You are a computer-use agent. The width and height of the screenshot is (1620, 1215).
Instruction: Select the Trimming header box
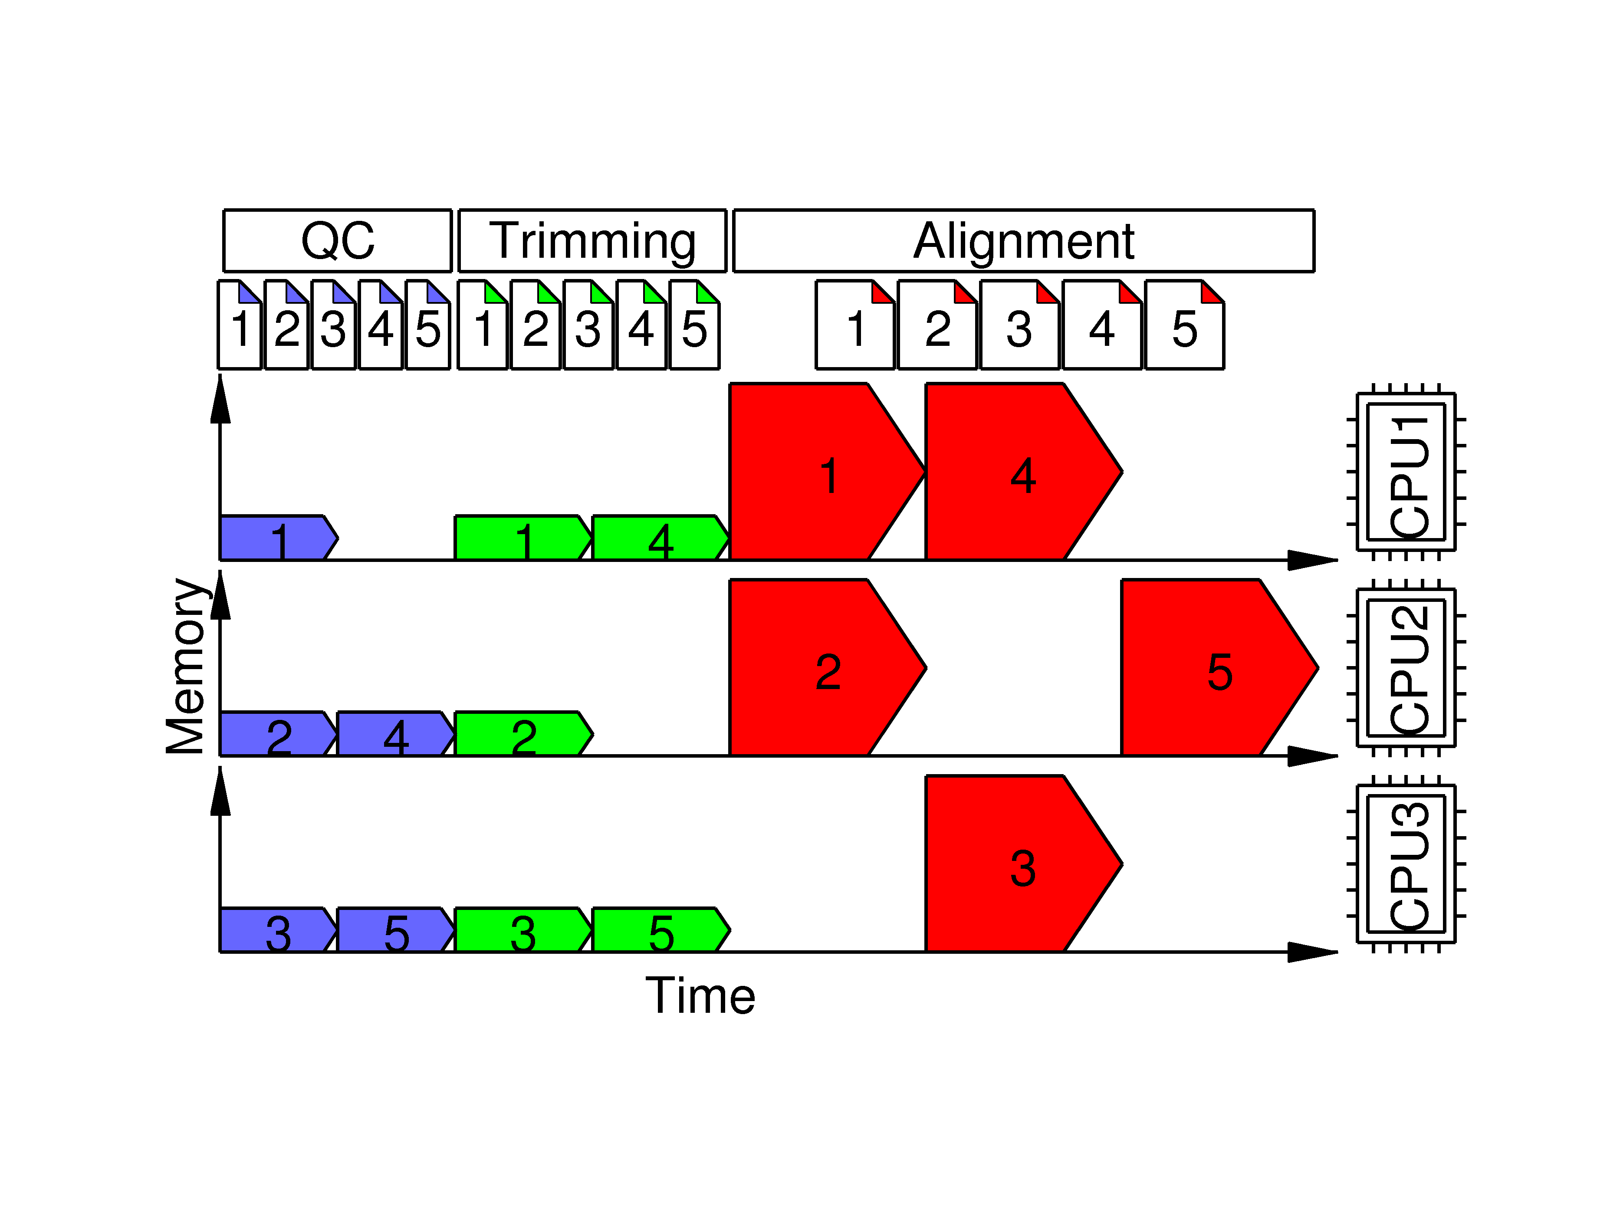(592, 240)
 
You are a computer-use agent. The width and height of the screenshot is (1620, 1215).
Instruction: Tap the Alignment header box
(1023, 240)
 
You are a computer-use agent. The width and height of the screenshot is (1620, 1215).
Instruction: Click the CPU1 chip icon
(1406, 472)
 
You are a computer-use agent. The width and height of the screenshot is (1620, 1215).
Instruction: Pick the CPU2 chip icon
(1406, 667)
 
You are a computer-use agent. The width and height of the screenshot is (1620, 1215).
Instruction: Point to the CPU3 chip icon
(1406, 864)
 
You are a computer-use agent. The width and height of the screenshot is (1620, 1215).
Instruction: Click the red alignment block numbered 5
(1209, 667)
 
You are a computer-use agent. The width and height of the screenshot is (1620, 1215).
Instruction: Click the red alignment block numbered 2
(817, 667)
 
